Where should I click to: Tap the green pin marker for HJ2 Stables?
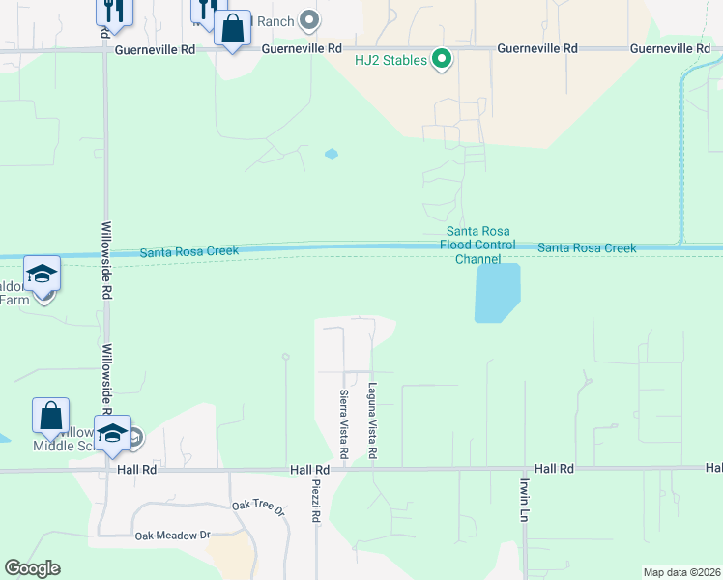click(x=442, y=60)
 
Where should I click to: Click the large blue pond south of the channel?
click(x=498, y=292)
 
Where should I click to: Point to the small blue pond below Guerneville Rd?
click(x=332, y=154)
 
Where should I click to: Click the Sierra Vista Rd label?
click(x=344, y=423)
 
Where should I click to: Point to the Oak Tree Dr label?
click(x=259, y=507)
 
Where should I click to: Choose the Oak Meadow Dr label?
click(x=172, y=535)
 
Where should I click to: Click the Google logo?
click(x=32, y=568)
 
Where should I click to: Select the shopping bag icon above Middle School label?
click(x=50, y=416)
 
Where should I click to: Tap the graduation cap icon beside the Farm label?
click(x=43, y=275)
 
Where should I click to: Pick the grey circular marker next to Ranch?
click(x=309, y=19)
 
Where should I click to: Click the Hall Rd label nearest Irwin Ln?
click(x=554, y=468)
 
